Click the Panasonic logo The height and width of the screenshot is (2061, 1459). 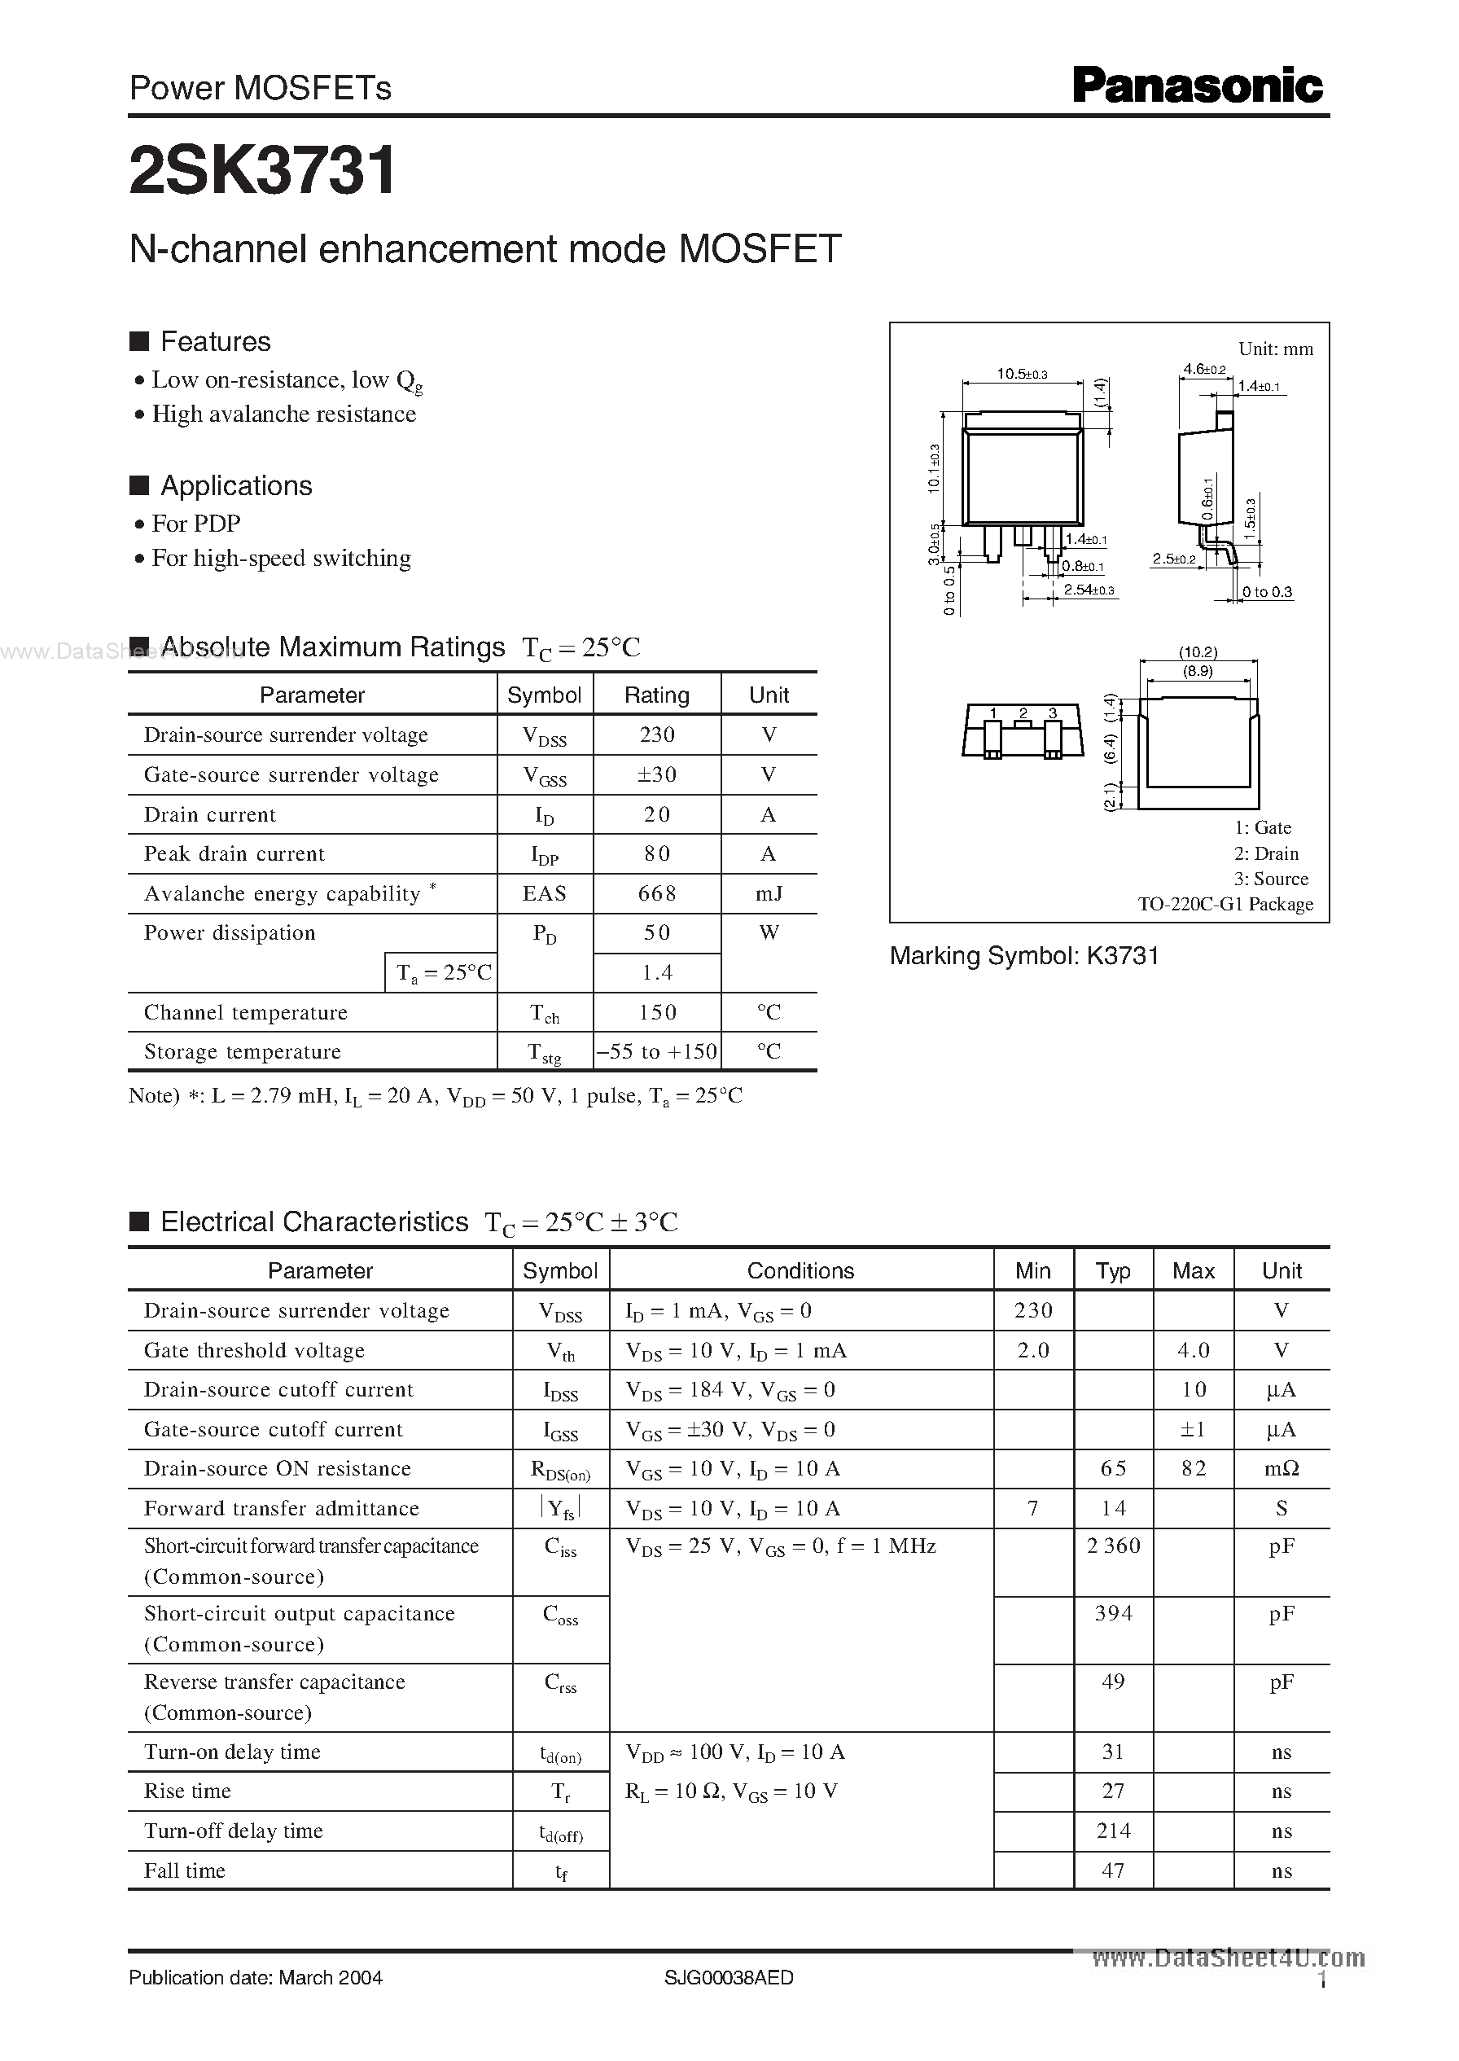pyautogui.click(x=1197, y=87)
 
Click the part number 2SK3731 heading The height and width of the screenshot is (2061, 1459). pyautogui.click(x=262, y=172)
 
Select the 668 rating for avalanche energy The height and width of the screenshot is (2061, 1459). pyautogui.click(x=657, y=894)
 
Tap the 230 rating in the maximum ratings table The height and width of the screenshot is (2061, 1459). pyautogui.click(x=657, y=735)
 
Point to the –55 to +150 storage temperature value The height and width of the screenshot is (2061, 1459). pyautogui.click(x=657, y=1052)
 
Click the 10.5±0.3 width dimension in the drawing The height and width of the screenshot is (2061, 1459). pyautogui.click(x=1022, y=374)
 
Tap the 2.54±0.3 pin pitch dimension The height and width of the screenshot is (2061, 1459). pyautogui.click(x=1088, y=590)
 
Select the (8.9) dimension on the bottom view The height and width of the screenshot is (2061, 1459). pyautogui.click(x=1198, y=671)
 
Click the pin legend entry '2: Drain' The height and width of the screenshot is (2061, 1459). pyautogui.click(x=1265, y=853)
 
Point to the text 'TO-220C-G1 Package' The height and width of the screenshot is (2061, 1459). pyautogui.click(x=1225, y=904)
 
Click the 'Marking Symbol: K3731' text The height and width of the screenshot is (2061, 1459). pyautogui.click(x=1023, y=956)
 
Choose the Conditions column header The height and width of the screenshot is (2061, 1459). pyautogui.click(x=800, y=1270)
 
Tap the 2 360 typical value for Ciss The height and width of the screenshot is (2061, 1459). pyautogui.click(x=1113, y=1546)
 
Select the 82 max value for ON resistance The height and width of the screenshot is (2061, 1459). pyautogui.click(x=1193, y=1468)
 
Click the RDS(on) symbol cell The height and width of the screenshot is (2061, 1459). pyautogui.click(x=561, y=1470)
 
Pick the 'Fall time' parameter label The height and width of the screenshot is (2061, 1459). pyautogui.click(x=184, y=1870)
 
